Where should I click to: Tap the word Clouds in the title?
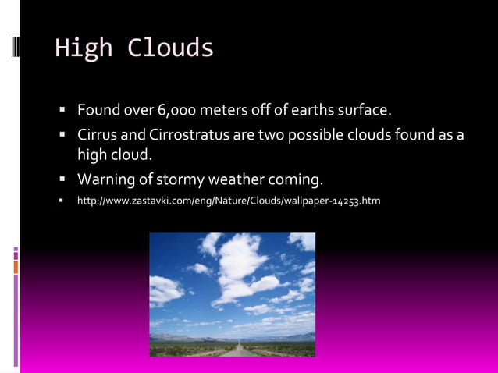[x=170, y=48]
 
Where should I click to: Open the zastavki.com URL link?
[x=228, y=202]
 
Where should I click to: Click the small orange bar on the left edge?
[x=16, y=267]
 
